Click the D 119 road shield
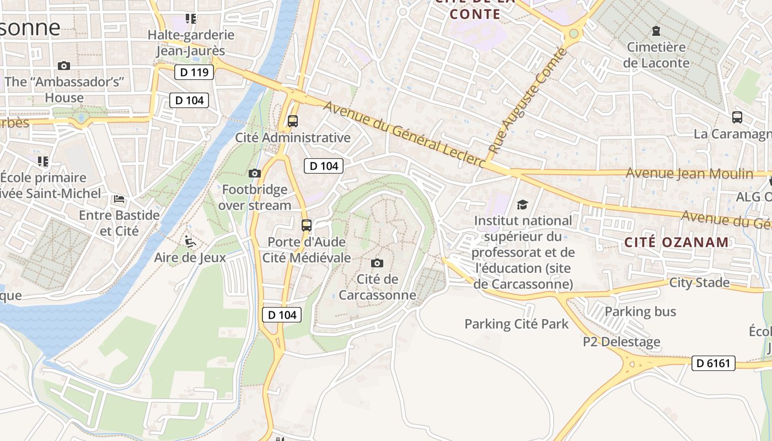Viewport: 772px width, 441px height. click(x=194, y=72)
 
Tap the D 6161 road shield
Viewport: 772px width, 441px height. click(x=713, y=363)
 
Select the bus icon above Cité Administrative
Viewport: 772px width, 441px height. click(x=293, y=121)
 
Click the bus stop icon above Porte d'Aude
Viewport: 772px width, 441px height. click(x=307, y=225)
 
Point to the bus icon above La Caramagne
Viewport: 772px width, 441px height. click(x=737, y=117)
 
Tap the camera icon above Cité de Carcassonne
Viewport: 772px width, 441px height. click(x=377, y=263)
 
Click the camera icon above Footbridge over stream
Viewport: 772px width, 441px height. click(x=254, y=173)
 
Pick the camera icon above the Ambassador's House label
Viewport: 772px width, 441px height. click(x=64, y=66)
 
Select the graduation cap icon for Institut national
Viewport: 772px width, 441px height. click(x=522, y=205)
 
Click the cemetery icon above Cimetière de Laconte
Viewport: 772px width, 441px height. click(x=656, y=31)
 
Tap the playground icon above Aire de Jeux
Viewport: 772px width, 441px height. click(x=190, y=241)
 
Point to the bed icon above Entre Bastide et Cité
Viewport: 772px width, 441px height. click(x=119, y=198)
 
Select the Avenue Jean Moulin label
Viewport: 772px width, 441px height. click(x=689, y=174)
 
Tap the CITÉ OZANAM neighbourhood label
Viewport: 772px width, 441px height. click(x=677, y=242)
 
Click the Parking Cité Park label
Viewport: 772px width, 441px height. click(x=516, y=324)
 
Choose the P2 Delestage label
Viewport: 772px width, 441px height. click(x=621, y=342)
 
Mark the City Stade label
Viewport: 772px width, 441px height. click(x=699, y=283)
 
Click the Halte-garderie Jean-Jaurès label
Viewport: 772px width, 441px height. click(x=191, y=43)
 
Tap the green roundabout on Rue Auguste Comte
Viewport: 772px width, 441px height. click(x=573, y=34)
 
